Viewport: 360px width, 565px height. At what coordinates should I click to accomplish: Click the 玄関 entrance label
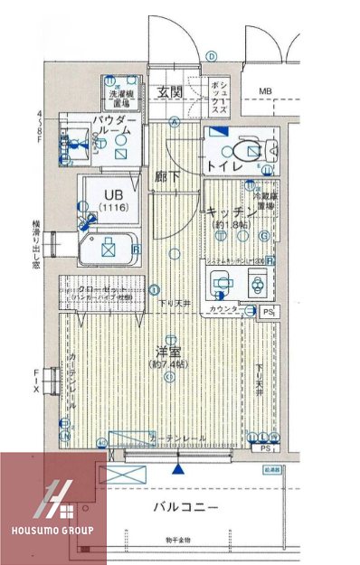(x=168, y=92)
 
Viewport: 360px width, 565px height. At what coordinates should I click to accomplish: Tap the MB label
(x=266, y=91)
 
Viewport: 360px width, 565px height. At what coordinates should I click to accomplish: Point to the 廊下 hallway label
(x=166, y=176)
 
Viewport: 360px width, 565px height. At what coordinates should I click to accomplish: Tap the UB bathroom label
(x=111, y=195)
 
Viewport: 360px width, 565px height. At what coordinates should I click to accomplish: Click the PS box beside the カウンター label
(x=268, y=312)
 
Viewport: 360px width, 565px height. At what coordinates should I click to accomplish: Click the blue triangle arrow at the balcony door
(x=178, y=468)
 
